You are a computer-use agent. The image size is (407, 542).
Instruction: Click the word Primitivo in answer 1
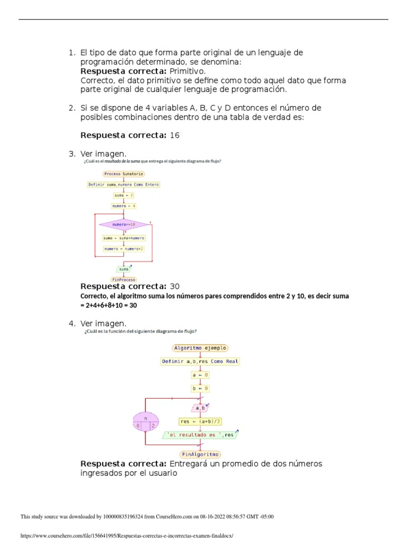[x=187, y=71]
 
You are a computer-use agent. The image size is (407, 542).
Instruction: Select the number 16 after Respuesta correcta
[x=174, y=135]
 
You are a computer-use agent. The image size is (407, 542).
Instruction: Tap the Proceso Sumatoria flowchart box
[x=123, y=174]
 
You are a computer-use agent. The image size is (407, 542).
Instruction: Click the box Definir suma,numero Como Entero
[x=123, y=185]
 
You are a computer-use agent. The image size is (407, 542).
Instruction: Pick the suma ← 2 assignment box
[x=123, y=195]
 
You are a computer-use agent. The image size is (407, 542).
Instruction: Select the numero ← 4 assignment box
[x=123, y=206]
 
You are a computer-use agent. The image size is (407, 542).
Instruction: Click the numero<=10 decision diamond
[x=123, y=224]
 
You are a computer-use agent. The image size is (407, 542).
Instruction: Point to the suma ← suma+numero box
[x=123, y=238]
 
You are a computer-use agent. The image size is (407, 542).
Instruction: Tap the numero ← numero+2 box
[x=123, y=249]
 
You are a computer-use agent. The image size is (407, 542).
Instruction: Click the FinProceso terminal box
[x=123, y=279]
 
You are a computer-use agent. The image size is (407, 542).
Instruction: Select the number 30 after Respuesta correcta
[x=174, y=286]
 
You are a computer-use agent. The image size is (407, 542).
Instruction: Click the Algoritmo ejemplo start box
[x=200, y=348]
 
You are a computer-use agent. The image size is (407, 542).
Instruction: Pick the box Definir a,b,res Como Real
[x=200, y=362]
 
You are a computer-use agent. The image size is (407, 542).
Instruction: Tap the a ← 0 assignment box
[x=200, y=375]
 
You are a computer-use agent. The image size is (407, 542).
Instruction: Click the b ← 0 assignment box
[x=200, y=388]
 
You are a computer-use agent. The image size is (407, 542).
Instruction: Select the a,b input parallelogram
[x=200, y=408]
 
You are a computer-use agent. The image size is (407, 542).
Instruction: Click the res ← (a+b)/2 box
[x=200, y=422]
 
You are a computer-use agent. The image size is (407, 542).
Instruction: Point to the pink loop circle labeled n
[x=145, y=421]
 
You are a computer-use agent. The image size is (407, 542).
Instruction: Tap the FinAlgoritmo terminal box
[x=200, y=454]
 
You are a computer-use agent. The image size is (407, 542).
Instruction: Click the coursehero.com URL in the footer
[x=126, y=535]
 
